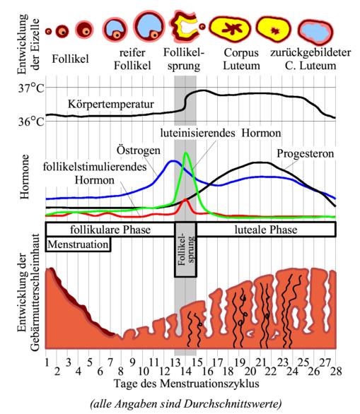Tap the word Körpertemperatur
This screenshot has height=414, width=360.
tap(110, 105)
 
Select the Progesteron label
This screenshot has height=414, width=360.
tap(306, 153)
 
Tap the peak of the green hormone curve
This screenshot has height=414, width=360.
tap(185, 153)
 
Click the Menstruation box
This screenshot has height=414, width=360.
tap(79, 244)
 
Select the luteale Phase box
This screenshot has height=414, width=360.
tap(265, 230)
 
